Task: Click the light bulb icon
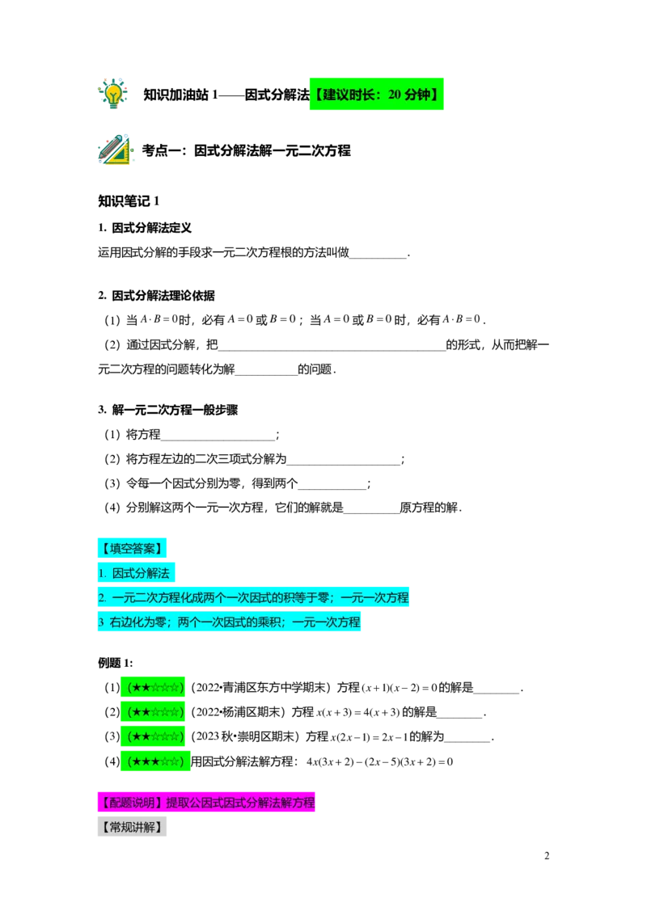[113, 93]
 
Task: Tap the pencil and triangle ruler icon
[116, 150]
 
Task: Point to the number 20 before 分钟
[395, 95]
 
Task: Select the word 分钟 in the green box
[418, 95]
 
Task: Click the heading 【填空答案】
[132, 548]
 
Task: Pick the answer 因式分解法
[141, 573]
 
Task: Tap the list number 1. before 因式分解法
[102, 573]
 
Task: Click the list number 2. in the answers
[102, 598]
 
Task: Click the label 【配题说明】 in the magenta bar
[131, 803]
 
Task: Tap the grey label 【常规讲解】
[132, 828]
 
